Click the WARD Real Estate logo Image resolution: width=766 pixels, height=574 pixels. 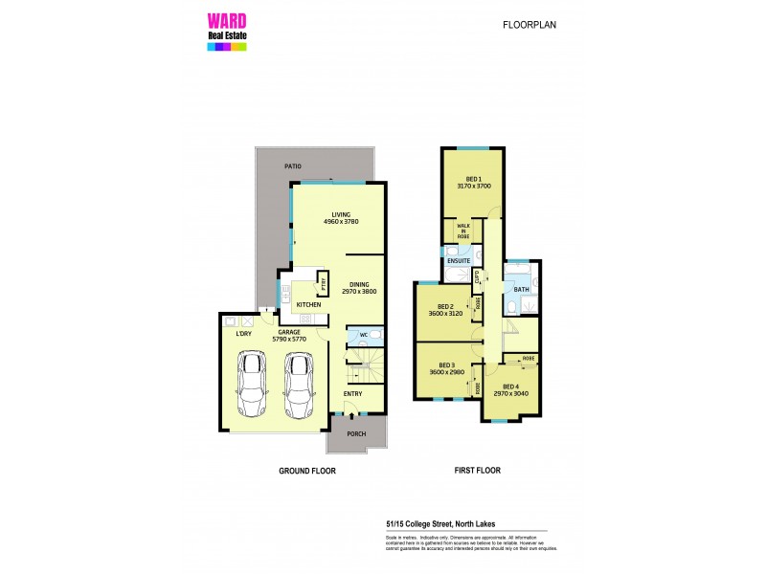click(227, 30)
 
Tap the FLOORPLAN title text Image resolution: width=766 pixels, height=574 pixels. click(529, 26)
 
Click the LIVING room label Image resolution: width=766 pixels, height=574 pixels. click(341, 215)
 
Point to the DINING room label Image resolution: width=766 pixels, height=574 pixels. click(359, 284)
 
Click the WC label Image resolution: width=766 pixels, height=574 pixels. click(364, 335)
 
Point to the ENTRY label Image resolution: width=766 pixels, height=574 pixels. click(354, 393)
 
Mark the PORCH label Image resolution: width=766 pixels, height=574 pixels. click(356, 432)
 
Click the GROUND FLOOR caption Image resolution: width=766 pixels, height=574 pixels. click(306, 471)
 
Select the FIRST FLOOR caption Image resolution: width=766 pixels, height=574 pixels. click(477, 471)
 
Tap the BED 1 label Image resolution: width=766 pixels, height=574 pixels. click(473, 179)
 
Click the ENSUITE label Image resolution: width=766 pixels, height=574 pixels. click(459, 260)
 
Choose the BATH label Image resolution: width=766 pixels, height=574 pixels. click(521, 289)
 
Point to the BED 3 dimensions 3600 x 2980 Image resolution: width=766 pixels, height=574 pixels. click(447, 372)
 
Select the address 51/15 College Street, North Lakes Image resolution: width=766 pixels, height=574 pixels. click(426, 523)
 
